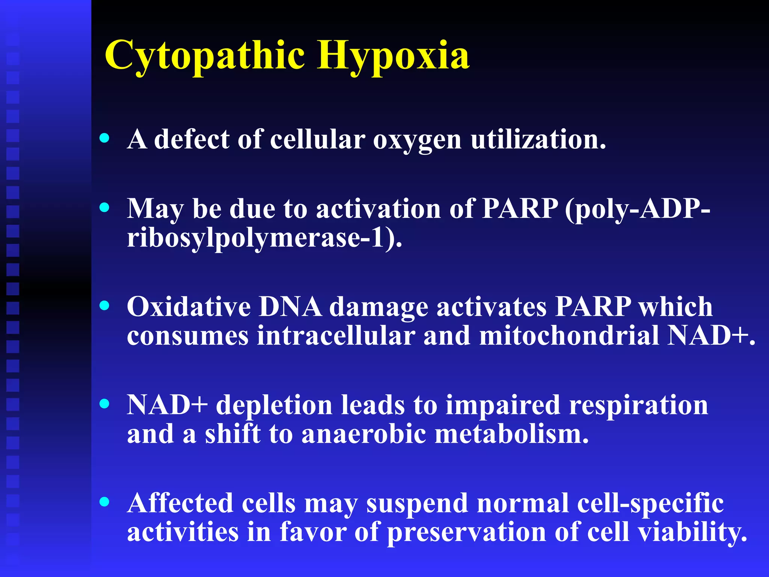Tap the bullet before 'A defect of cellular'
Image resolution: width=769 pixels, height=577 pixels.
tap(105, 138)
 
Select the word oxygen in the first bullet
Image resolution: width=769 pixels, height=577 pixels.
tap(417, 140)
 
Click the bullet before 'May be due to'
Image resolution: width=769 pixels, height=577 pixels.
tap(105, 207)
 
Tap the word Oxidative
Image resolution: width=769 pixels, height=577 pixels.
tap(189, 307)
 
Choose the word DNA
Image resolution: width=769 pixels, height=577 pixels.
tap(290, 307)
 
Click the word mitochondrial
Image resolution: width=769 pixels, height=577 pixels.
tap(569, 335)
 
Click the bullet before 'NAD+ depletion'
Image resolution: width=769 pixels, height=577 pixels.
tap(105, 404)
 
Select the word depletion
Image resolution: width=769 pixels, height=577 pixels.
tap(274, 406)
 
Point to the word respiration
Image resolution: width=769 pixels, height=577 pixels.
tap(638, 406)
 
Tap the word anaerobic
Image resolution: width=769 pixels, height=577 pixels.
tap(363, 434)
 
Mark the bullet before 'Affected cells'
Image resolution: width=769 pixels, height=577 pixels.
tap(105, 502)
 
